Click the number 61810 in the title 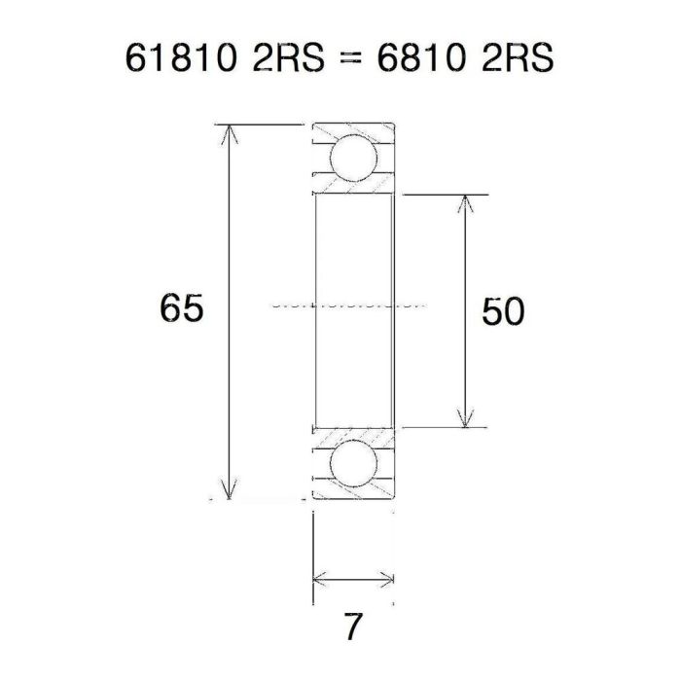pyautogui.click(x=177, y=58)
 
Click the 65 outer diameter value pyautogui.click(x=182, y=309)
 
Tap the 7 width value pyautogui.click(x=352, y=627)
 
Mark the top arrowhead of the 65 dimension pyautogui.click(x=231, y=132)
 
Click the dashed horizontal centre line pyautogui.click(x=350, y=304)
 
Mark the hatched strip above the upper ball pyautogui.click(x=352, y=130)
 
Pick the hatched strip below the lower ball pyautogui.click(x=352, y=493)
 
